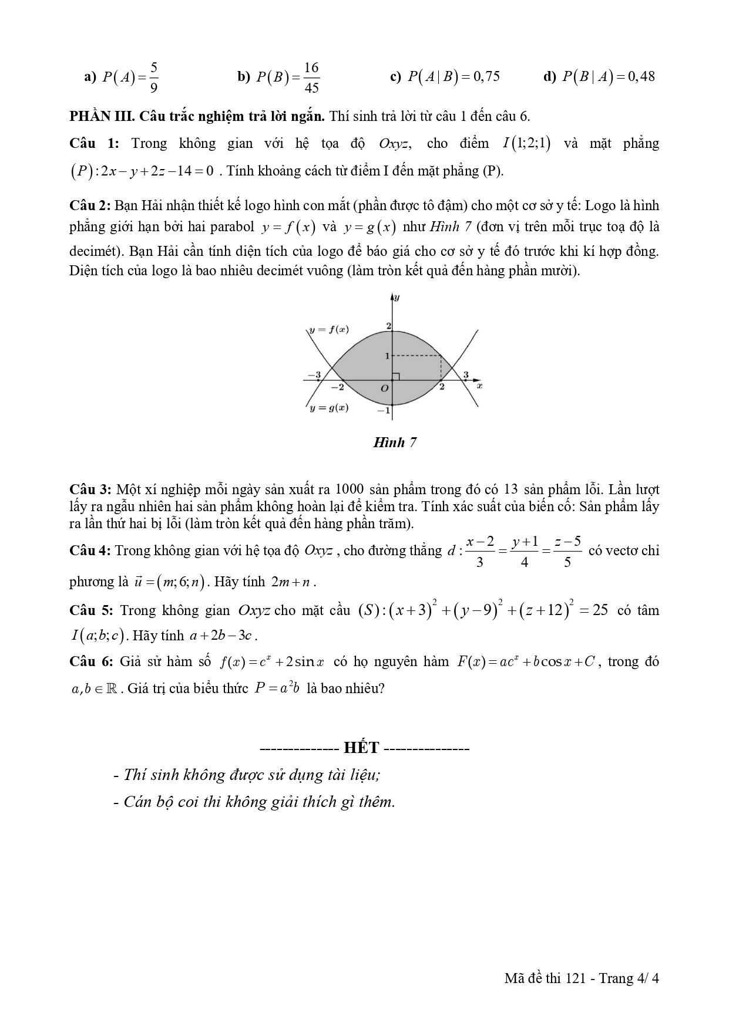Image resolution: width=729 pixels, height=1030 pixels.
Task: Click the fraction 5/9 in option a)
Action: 153,77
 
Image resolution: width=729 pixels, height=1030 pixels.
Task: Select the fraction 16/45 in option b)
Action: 311,77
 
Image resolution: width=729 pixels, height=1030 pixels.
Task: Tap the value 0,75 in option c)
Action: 486,76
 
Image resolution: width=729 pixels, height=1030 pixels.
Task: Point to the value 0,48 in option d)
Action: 641,76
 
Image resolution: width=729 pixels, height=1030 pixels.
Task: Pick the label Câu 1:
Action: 94,143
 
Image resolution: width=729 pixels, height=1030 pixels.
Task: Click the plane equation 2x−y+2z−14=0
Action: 156,171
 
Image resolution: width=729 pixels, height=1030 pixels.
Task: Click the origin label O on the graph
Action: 385,389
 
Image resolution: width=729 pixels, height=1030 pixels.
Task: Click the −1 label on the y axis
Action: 384,410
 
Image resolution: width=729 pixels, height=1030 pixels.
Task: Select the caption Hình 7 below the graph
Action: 395,443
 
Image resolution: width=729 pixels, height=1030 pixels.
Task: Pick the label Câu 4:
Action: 90,551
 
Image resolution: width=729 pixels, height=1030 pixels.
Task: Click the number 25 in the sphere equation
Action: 600,610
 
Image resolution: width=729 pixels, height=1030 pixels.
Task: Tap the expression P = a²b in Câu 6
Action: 277,688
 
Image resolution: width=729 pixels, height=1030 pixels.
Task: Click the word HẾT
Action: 362,748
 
